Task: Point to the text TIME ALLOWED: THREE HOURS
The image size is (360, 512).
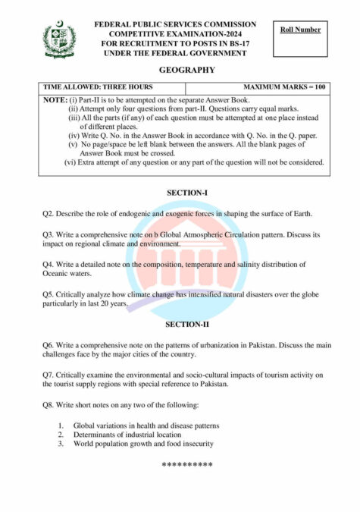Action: pyautogui.click(x=89, y=87)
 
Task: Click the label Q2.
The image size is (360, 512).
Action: pyautogui.click(x=48, y=214)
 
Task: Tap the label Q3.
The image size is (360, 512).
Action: pyautogui.click(x=48, y=235)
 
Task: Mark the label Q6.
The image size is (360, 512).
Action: pyautogui.click(x=48, y=345)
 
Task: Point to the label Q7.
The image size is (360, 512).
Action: pyautogui.click(x=48, y=375)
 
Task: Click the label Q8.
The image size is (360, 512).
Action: pyautogui.click(x=48, y=404)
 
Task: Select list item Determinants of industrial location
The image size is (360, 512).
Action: pyautogui.click(x=127, y=435)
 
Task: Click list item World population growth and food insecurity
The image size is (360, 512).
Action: pyautogui.click(x=143, y=444)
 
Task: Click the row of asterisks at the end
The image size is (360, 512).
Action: pyautogui.click(x=186, y=464)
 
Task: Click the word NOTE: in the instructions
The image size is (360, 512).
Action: pyautogui.click(x=55, y=100)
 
